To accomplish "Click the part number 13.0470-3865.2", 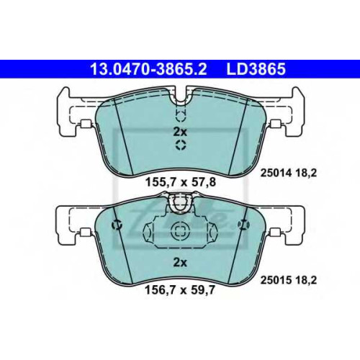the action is (148, 69).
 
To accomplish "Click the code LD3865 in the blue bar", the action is (256, 69).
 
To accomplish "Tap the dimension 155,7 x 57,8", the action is (181, 182).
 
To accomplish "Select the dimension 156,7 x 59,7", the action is (179, 291).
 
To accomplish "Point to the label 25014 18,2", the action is (289, 173).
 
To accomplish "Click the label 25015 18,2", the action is (289, 280).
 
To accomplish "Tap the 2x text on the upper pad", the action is (180, 132).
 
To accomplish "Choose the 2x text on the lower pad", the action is (180, 263).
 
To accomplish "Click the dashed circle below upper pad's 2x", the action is (181, 145).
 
